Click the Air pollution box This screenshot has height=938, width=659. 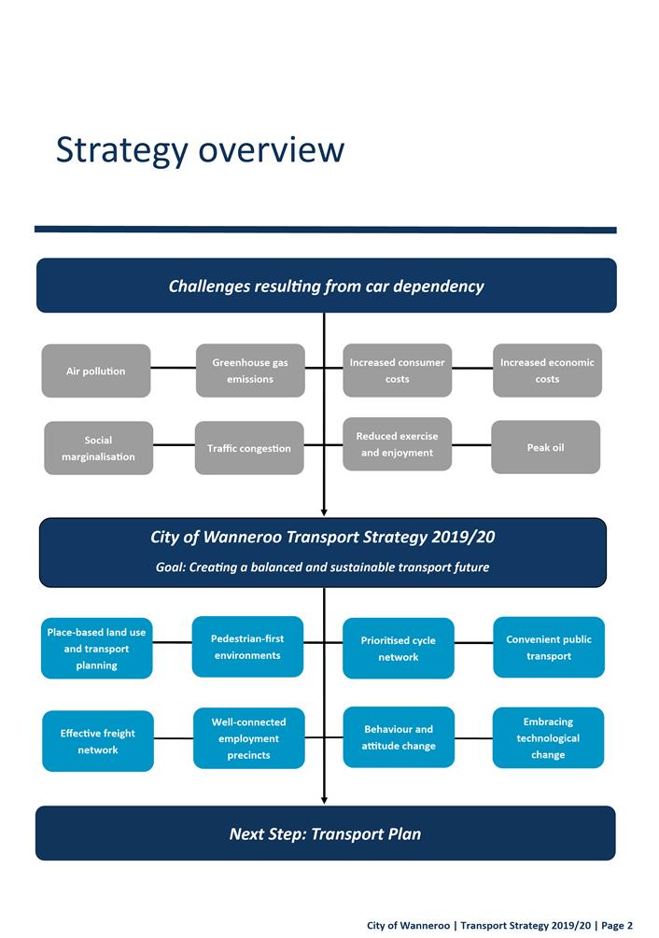click(95, 371)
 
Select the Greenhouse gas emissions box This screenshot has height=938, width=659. click(250, 371)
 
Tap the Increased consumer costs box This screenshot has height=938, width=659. click(398, 371)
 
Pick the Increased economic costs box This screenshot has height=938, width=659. click(547, 371)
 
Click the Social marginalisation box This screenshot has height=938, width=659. click(98, 448)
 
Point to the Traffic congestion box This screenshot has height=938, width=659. click(249, 448)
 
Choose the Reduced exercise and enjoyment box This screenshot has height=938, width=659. click(398, 444)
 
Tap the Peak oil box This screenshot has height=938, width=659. click(545, 447)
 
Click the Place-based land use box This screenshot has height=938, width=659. click(96, 649)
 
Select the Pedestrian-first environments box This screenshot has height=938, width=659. click(247, 647)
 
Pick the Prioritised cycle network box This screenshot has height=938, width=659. click(399, 649)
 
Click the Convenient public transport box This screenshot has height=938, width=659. click(549, 648)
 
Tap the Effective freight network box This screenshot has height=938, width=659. click(98, 741)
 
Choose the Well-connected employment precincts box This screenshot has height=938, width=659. click(249, 738)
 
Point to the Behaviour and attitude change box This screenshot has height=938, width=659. click(399, 737)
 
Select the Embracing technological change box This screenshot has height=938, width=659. click(548, 737)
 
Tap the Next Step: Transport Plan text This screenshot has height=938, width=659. click(325, 833)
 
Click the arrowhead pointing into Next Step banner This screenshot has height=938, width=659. click(324, 799)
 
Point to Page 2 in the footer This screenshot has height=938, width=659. click(617, 925)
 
